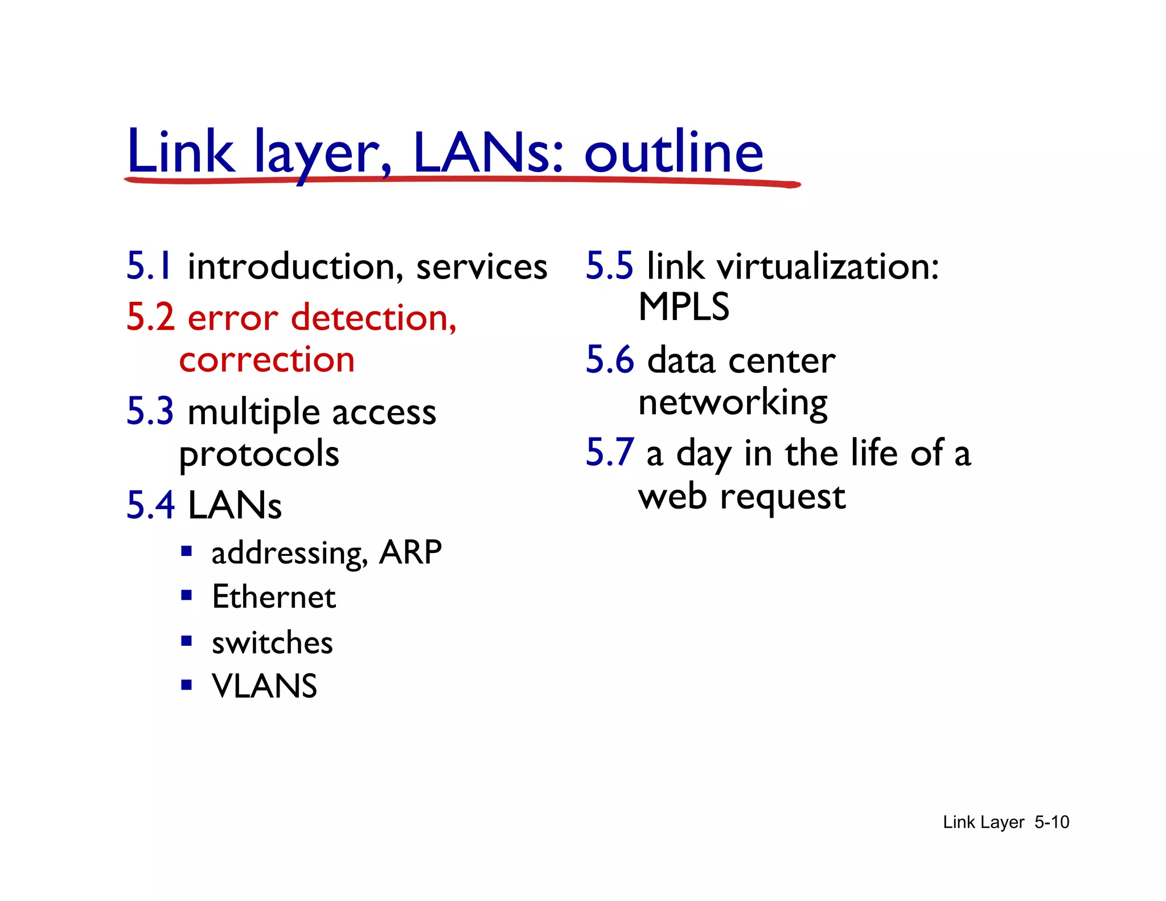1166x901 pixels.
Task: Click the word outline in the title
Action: (x=674, y=152)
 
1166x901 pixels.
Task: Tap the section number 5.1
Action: (x=149, y=266)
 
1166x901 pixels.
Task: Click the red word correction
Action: (x=267, y=360)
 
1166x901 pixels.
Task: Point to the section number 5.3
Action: (x=150, y=411)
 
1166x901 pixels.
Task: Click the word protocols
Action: (x=259, y=454)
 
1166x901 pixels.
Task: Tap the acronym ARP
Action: (x=410, y=552)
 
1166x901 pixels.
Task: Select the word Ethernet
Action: (x=274, y=597)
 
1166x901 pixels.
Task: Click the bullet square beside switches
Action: (x=186, y=641)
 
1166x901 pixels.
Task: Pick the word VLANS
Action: (x=264, y=686)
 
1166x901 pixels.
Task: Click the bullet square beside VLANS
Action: (x=186, y=684)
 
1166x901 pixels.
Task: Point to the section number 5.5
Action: (x=609, y=266)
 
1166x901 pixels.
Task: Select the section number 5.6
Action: (x=610, y=360)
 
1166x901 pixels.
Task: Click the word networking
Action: (x=733, y=403)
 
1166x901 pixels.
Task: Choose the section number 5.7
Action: (x=610, y=453)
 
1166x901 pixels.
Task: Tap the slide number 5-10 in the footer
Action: (x=1052, y=822)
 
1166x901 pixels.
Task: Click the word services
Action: (x=482, y=267)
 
